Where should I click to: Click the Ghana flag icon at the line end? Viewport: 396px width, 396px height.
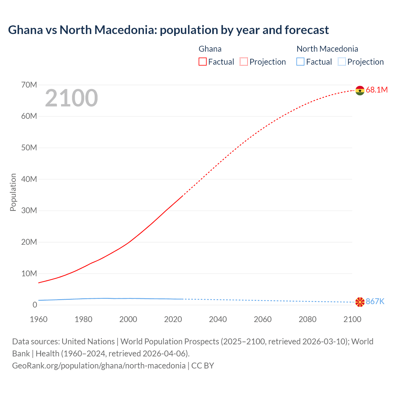coord(360,90)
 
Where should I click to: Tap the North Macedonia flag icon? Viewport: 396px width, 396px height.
coord(360,302)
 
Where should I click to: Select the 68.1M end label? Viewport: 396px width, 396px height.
coord(377,90)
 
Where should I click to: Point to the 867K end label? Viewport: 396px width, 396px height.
coord(375,302)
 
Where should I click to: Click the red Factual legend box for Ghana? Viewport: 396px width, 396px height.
coord(202,62)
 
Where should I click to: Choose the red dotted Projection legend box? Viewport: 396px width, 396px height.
coord(244,62)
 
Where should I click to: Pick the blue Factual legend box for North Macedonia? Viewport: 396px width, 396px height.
coord(300,62)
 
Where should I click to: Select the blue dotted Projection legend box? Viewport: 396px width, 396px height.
coord(342,62)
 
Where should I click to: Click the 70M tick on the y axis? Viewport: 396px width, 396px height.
coord(29,85)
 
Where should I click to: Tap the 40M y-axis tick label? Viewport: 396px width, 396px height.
coord(29,179)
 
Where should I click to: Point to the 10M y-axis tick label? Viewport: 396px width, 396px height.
coord(29,273)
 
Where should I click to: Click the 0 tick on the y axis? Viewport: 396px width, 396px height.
coord(35,305)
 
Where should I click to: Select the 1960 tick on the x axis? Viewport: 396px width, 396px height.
coord(39,319)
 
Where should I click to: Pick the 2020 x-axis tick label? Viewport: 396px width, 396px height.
coord(173,319)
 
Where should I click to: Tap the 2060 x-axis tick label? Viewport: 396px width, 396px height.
coord(263,319)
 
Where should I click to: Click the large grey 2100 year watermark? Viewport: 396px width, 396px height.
coord(71,98)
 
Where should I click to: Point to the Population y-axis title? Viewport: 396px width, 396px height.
coord(13,192)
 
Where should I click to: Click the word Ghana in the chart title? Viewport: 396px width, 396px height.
coord(25,30)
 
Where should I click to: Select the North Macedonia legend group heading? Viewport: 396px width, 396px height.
coord(327,49)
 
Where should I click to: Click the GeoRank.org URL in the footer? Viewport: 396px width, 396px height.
coord(99,366)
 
